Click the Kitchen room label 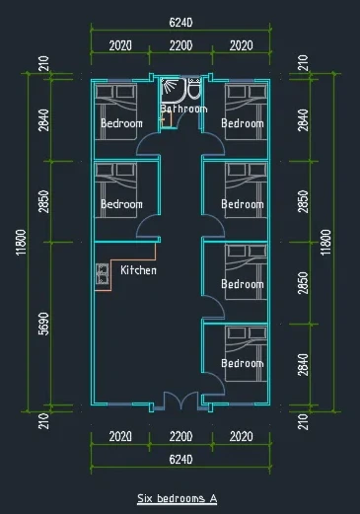(x=138, y=270)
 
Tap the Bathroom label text (x=183, y=109)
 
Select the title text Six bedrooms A (x=178, y=498)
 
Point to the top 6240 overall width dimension (x=180, y=23)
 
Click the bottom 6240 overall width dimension (x=180, y=459)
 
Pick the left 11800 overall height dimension (x=21, y=242)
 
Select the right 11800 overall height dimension (x=325, y=242)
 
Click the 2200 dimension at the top (x=180, y=45)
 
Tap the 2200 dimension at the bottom (x=180, y=436)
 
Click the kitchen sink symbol (x=102, y=273)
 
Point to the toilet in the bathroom (x=194, y=89)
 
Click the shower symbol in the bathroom (x=170, y=86)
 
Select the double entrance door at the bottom (x=180, y=401)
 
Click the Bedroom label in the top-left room (x=121, y=123)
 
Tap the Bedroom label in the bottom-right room (x=243, y=363)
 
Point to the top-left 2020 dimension (x=120, y=45)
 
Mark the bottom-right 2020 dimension (x=241, y=436)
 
